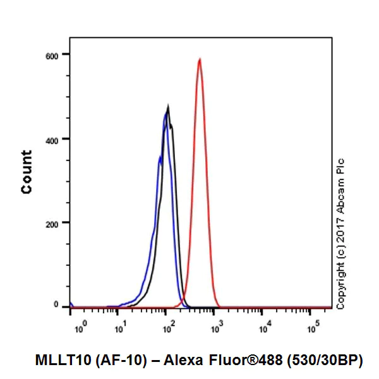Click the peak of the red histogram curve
[x=200, y=59]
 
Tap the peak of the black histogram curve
[x=168, y=106]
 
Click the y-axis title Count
[x=27, y=172]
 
